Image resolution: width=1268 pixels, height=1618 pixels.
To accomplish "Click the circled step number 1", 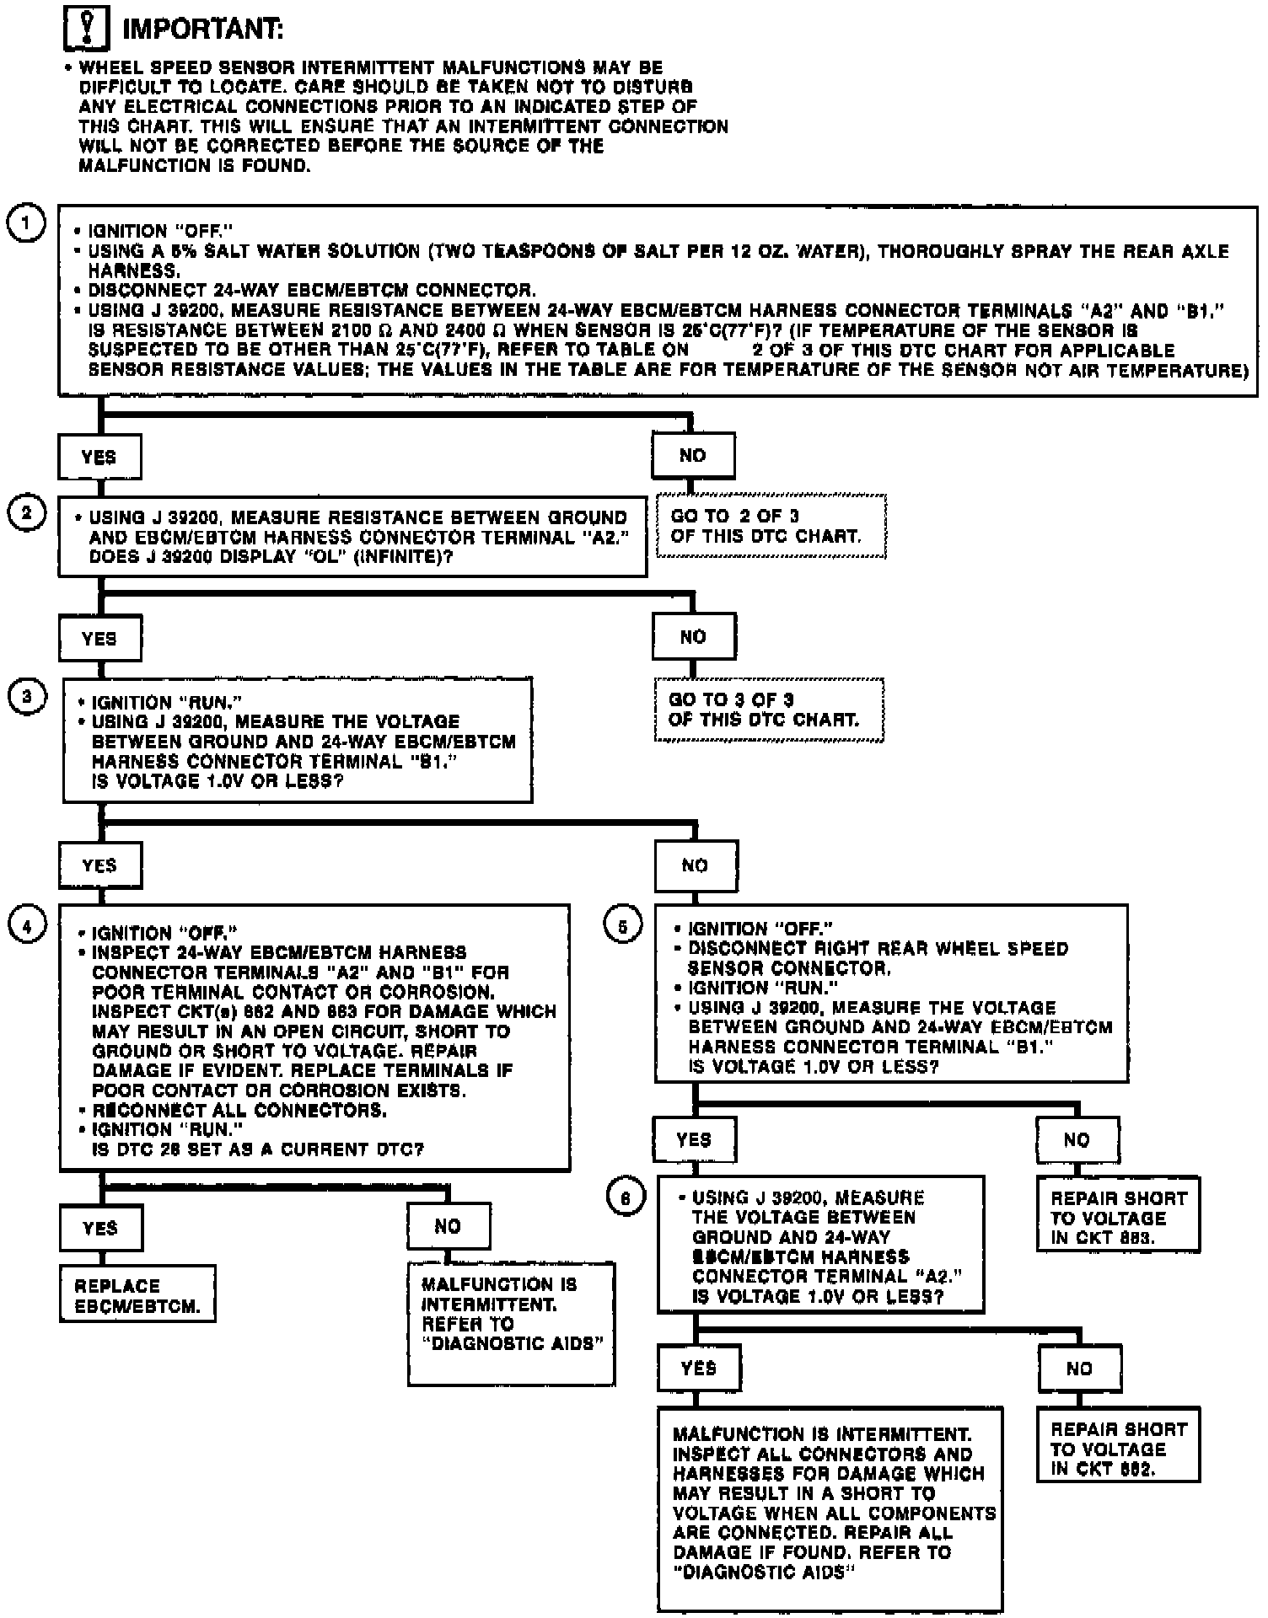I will pyautogui.click(x=26, y=223).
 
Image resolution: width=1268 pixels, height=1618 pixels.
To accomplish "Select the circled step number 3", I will pyautogui.click(x=27, y=696).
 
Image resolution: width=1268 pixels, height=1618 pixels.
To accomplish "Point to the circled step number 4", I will pyautogui.click(x=27, y=925).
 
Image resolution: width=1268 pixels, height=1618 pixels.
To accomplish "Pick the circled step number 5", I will pyautogui.click(x=623, y=927).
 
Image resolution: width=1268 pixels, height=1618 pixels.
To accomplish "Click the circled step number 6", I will pyautogui.click(x=626, y=1197).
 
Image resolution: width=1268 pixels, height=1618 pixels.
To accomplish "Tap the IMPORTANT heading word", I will pyautogui.click(x=202, y=30).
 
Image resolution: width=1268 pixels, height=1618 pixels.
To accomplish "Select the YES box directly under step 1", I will pyautogui.click(x=99, y=457).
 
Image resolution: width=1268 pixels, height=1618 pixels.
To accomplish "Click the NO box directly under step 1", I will pyautogui.click(x=692, y=456).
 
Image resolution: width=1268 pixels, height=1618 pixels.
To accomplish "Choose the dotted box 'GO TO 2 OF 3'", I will pyautogui.click(x=771, y=526).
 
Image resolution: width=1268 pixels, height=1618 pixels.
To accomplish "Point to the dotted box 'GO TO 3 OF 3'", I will pyautogui.click(x=769, y=710).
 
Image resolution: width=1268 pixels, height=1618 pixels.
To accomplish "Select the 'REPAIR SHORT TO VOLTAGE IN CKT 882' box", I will pyautogui.click(x=1118, y=1448).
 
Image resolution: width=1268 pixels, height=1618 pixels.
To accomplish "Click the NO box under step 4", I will pyautogui.click(x=448, y=1226).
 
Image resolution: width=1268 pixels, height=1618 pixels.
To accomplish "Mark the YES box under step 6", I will pyautogui.click(x=699, y=1368).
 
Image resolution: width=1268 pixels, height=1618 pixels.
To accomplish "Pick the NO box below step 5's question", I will pyautogui.click(x=1077, y=1140).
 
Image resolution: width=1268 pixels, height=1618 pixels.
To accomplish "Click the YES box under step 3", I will pyautogui.click(x=99, y=865).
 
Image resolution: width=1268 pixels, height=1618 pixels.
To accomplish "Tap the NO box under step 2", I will pyautogui.click(x=693, y=637).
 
